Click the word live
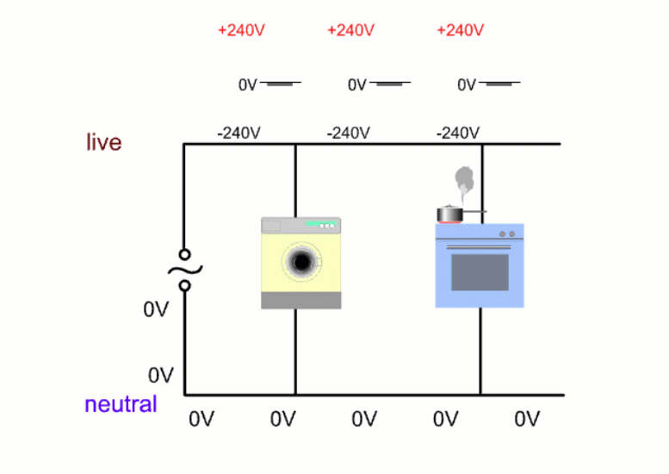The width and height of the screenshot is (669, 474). pos(103,142)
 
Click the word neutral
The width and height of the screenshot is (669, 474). pos(121,404)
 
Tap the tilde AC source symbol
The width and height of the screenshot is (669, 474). pos(184,269)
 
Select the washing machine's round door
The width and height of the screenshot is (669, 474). pos(301,261)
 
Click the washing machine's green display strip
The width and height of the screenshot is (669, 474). pos(319,225)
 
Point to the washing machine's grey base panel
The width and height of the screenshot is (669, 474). pos(301,300)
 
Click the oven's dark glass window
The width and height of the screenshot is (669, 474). pos(480,271)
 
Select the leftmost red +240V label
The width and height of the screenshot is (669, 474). pos(241,30)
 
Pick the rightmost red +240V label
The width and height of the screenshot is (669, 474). pos(461,30)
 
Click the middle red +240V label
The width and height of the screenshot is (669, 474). pos(350,30)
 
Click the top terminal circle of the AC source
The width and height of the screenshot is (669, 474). pos(184,254)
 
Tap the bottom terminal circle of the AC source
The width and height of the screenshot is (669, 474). pos(184,284)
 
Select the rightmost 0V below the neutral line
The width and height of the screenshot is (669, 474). pos(527,419)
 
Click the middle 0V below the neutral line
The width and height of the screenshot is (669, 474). pos(364,419)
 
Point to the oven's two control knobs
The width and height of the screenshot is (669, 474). pos(507,234)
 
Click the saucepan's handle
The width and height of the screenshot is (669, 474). pos(474,211)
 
